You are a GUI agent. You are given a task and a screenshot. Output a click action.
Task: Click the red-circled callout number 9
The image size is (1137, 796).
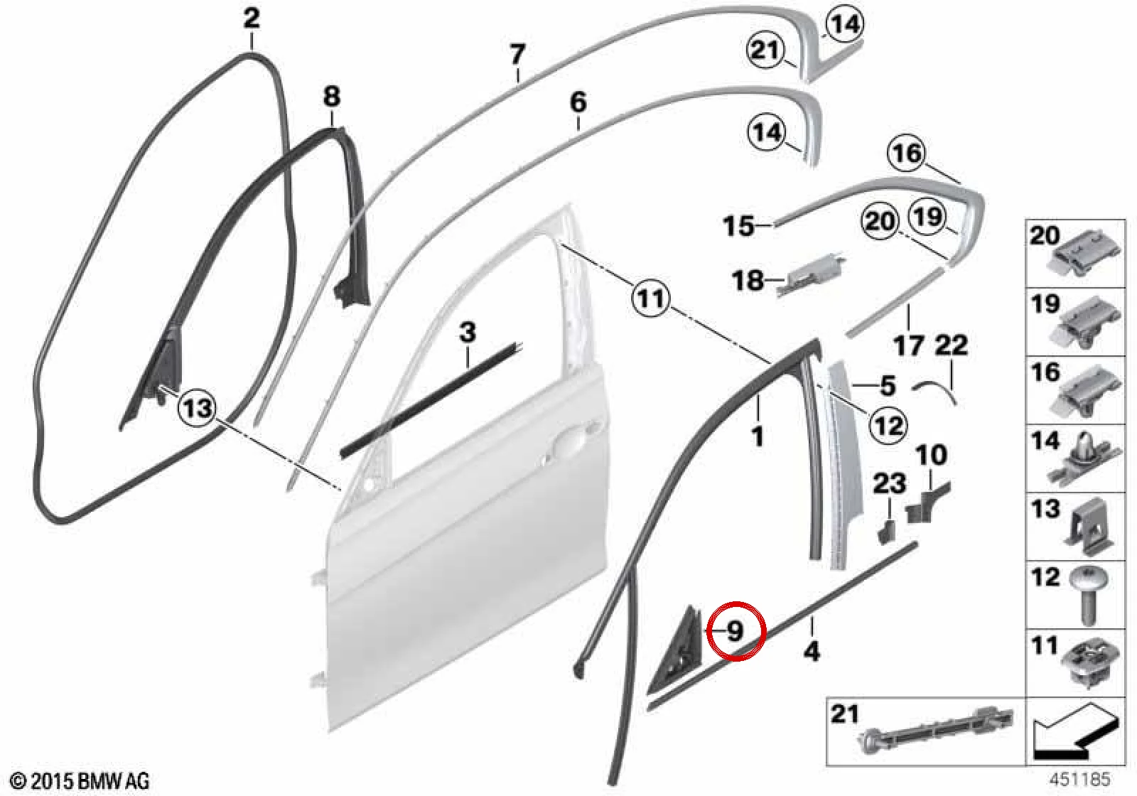[x=735, y=632]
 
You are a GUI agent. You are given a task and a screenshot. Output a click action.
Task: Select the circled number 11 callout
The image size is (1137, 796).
[x=651, y=298]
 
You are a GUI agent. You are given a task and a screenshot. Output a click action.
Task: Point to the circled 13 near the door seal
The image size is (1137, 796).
[x=198, y=407]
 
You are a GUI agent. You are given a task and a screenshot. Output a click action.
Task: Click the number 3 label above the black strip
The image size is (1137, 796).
[x=468, y=332]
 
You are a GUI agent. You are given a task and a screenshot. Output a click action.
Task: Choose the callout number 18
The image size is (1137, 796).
[x=748, y=281]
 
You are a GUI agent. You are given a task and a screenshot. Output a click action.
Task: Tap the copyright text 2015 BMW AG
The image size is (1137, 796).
[x=81, y=781]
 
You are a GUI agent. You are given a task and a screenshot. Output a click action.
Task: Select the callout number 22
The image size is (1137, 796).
[x=952, y=345]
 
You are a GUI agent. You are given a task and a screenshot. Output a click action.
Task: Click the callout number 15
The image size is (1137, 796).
[x=738, y=227]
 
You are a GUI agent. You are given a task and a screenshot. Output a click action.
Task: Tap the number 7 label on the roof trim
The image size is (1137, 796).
[x=517, y=54]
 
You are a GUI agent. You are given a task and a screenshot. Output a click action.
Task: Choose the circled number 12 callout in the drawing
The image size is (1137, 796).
[x=888, y=424]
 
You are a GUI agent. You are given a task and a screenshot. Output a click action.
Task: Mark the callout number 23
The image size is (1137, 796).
[x=889, y=484]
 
